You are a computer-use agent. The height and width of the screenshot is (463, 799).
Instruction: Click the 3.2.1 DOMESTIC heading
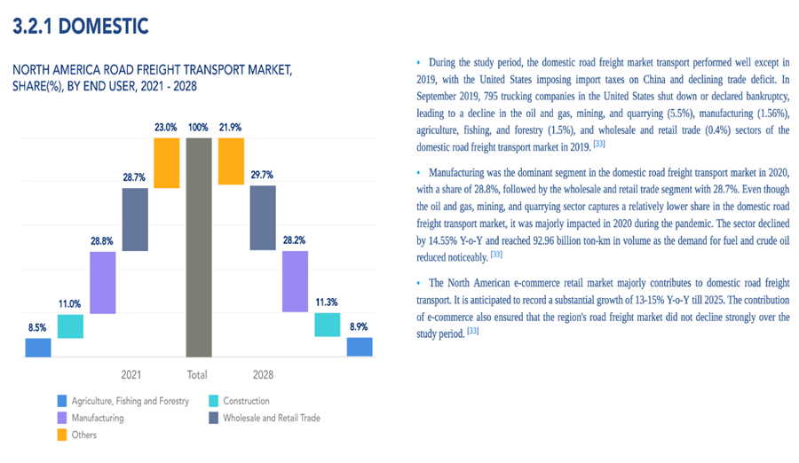80,27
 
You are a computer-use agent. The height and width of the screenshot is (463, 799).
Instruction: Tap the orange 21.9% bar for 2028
231,161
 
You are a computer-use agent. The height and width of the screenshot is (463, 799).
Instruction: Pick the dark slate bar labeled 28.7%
134,220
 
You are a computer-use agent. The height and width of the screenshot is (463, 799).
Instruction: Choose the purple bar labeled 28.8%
103,282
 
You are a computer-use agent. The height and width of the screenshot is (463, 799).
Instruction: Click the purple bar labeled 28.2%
295,281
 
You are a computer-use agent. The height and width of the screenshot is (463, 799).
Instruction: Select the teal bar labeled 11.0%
70,326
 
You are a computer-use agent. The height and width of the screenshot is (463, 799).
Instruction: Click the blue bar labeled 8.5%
38,347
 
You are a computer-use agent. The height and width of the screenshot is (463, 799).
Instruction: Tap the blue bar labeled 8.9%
359,346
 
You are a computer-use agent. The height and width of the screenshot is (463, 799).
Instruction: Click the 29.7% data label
263,175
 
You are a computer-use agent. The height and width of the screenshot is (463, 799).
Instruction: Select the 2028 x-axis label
263,374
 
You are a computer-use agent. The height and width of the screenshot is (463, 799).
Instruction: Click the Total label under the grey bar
197,374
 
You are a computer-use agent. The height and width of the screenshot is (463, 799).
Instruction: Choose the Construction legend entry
246,401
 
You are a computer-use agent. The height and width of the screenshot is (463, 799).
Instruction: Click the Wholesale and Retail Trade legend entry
271,418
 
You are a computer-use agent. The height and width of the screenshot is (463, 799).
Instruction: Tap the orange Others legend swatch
61,435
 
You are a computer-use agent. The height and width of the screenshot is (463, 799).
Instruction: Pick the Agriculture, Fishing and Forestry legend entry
130,401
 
